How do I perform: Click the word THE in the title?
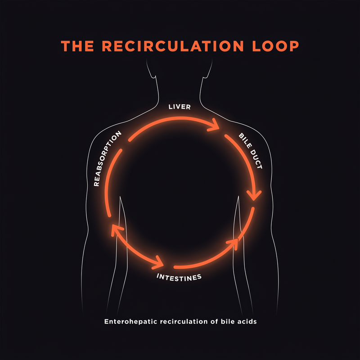click(x=77, y=46)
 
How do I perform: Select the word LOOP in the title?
click(x=275, y=46)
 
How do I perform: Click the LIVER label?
click(x=180, y=107)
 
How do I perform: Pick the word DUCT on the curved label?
click(x=256, y=159)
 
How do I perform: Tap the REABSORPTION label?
click(x=107, y=158)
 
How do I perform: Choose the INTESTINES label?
click(x=179, y=278)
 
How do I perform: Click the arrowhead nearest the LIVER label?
click(x=215, y=125)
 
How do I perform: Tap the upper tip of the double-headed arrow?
click(x=113, y=226)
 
